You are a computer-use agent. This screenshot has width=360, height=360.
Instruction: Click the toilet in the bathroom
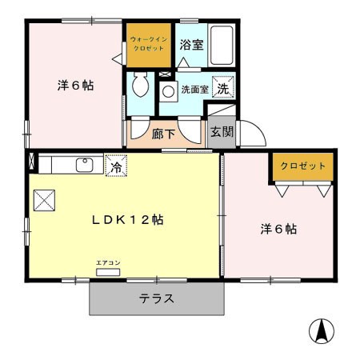tap(140, 85)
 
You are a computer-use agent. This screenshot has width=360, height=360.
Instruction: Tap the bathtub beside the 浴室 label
tap(222, 45)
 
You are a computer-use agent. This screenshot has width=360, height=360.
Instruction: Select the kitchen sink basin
tap(85, 165)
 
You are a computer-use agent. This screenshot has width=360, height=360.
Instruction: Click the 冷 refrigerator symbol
tap(116, 166)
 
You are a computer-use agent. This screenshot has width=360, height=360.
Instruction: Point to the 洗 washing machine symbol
tap(223, 87)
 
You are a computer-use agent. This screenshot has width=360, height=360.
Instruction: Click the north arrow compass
tap(322, 331)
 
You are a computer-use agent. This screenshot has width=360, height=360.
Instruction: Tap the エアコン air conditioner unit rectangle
tap(108, 272)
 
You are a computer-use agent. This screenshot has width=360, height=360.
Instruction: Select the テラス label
tap(157, 298)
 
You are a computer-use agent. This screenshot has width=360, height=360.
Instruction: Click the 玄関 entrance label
tap(222, 131)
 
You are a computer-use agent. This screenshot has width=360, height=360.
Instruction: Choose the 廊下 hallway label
tap(163, 134)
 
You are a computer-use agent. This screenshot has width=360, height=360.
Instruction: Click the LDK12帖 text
tap(127, 220)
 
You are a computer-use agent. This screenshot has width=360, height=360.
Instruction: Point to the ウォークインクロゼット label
tap(149, 44)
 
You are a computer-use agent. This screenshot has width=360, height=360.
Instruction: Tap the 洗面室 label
tap(195, 90)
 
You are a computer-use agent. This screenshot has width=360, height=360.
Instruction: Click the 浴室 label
tap(191, 45)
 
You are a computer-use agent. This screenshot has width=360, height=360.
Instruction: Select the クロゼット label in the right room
tap(303, 166)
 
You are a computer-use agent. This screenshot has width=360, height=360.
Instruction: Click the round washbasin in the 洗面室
tap(169, 92)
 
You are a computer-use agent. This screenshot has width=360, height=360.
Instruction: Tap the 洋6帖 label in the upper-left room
tap(75, 86)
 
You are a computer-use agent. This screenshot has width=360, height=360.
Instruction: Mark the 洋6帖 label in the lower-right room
tap(278, 229)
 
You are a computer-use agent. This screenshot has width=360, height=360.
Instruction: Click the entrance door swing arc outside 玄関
tap(259, 128)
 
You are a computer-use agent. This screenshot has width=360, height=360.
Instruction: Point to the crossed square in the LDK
tap(44, 200)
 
